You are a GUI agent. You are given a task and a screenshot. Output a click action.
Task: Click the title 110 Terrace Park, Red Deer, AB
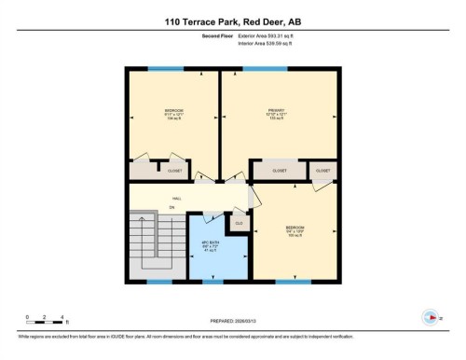pyautogui.click(x=232, y=21)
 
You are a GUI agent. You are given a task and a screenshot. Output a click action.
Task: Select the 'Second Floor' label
pyautogui.click(x=217, y=36)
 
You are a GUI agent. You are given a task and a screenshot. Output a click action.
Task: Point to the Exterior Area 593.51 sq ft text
pyautogui.click(x=272, y=36)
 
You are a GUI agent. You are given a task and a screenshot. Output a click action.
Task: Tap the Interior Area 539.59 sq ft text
pyautogui.click(x=272, y=44)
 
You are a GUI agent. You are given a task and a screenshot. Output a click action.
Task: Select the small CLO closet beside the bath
pyautogui.click(x=239, y=223)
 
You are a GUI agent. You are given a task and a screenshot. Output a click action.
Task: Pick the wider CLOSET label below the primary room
pyautogui.click(x=280, y=171)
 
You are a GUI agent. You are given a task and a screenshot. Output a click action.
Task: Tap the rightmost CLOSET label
pyautogui.click(x=323, y=171)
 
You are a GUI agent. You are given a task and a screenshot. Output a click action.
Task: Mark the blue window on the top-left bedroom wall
pyautogui.click(x=167, y=68)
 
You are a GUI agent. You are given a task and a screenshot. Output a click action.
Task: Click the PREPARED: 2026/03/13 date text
pyautogui.click(x=232, y=323)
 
